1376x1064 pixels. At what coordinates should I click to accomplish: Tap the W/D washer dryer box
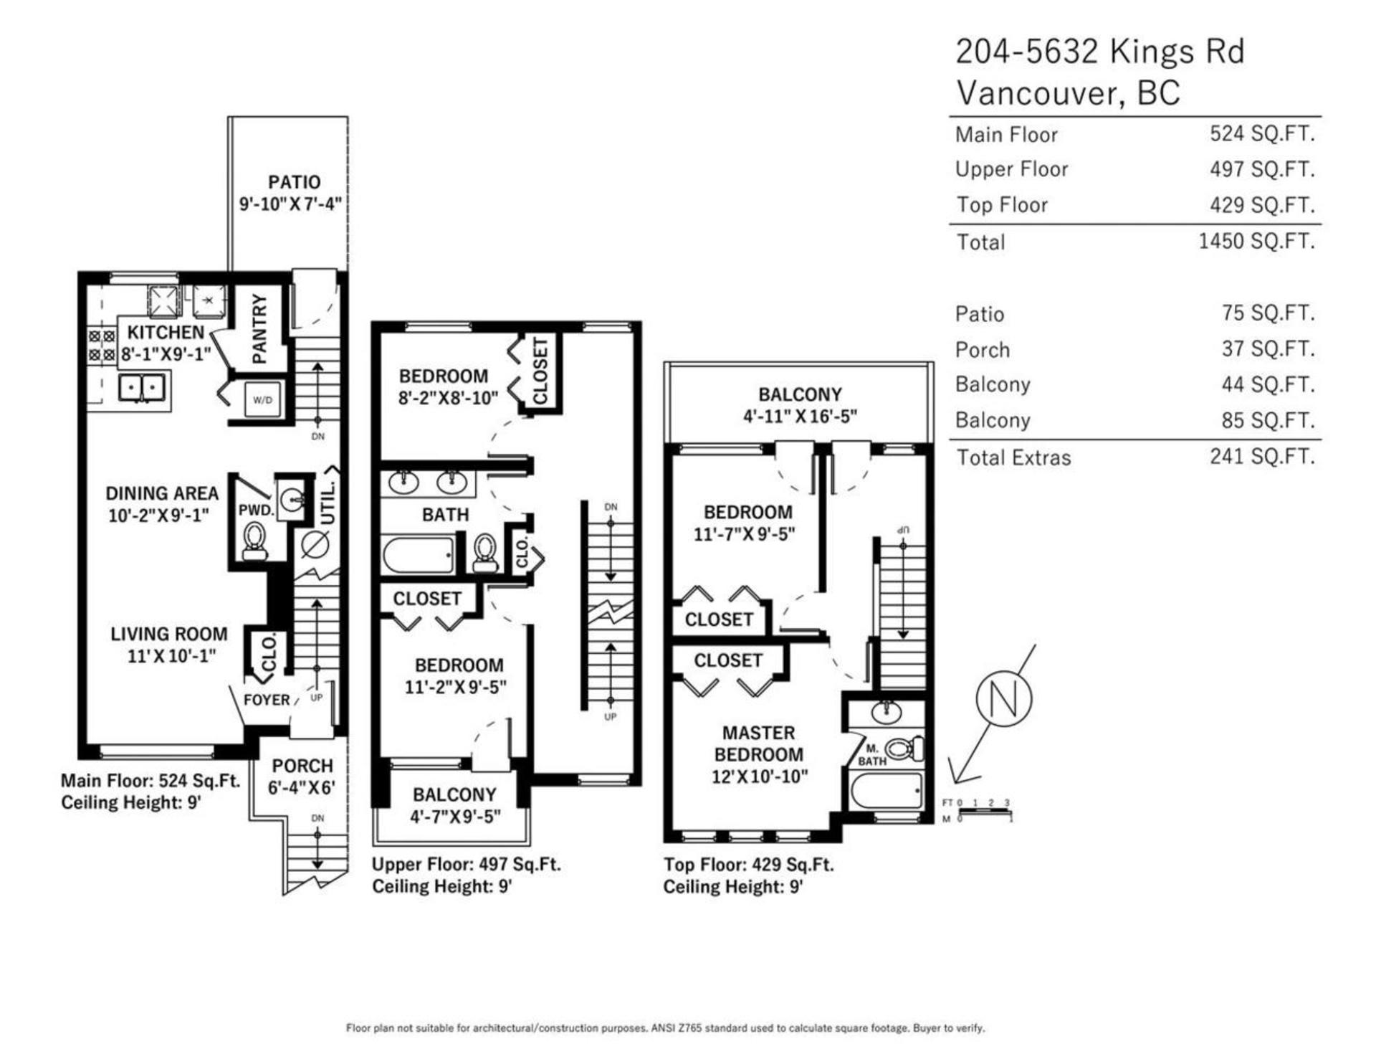262,399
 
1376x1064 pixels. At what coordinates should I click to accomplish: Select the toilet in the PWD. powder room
254,541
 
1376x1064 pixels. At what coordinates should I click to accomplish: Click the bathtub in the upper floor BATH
419,554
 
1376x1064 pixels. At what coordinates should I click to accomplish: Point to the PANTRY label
259,328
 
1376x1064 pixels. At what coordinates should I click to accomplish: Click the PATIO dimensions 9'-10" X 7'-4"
290,204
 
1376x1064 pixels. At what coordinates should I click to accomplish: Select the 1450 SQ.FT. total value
1256,241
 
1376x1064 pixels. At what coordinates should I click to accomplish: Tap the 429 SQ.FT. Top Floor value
1262,205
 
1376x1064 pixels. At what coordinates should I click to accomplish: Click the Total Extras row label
1013,457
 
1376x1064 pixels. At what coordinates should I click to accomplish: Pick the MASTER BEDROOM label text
759,744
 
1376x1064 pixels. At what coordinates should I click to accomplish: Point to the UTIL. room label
328,501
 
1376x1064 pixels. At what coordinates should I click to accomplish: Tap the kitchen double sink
142,388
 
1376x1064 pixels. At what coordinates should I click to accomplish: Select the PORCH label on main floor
302,766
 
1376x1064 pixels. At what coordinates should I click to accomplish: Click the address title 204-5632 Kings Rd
1100,52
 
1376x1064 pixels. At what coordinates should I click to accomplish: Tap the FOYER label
267,700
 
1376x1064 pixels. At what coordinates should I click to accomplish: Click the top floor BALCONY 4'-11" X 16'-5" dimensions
800,416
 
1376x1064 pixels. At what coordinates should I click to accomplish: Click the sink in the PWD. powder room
292,498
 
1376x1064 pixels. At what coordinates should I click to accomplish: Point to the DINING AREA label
162,493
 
